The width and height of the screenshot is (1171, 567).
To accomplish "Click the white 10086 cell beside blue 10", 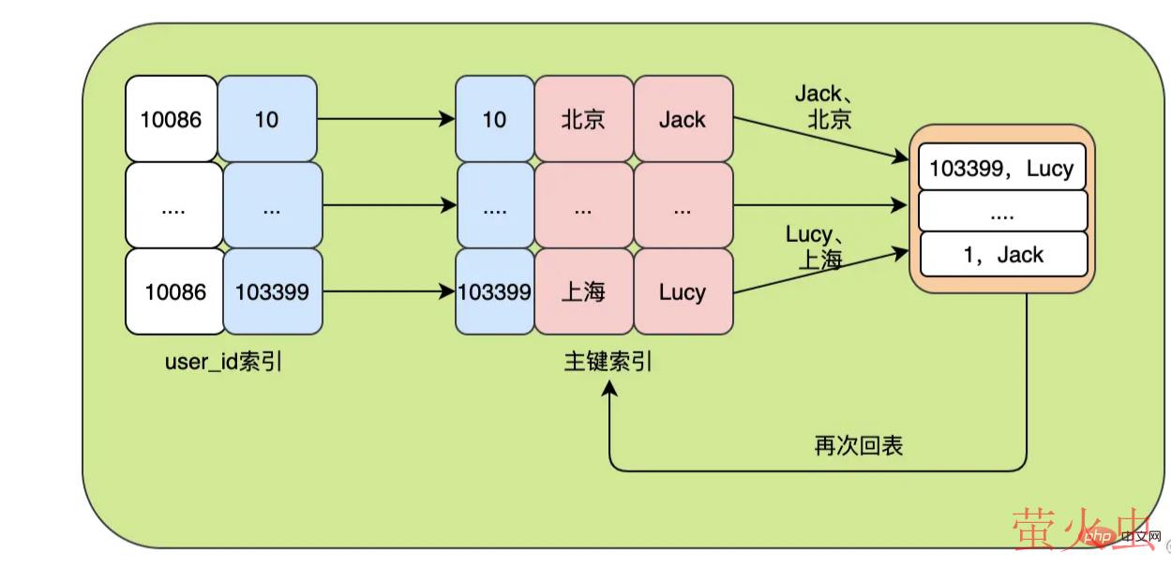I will (172, 119).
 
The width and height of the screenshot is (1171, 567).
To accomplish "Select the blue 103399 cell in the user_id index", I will (272, 291).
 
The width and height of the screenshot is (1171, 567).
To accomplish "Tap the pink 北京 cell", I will (583, 119).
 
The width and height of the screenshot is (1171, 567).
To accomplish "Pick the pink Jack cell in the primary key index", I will (682, 119).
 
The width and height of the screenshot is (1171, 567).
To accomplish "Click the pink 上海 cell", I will (583, 291).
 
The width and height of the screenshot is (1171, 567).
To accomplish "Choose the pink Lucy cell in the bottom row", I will (682, 291).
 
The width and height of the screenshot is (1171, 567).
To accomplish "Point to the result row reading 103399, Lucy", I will (1001, 169).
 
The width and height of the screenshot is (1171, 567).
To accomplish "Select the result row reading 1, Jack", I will (1002, 254).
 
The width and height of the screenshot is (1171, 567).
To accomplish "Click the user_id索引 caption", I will (223, 362).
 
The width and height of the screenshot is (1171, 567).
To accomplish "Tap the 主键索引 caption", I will (608, 362).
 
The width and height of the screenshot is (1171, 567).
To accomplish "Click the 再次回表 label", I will (858, 445).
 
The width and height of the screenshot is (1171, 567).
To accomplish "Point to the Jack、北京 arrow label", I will (824, 106).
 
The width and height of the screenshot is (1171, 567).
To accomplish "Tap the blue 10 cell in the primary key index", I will (494, 119).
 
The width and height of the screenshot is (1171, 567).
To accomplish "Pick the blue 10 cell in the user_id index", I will (267, 119).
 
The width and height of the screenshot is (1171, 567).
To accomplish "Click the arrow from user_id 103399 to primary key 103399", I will (388, 291).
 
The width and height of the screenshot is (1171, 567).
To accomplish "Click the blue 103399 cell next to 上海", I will (494, 291).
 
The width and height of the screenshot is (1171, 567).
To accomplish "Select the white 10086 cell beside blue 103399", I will (175, 291).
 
